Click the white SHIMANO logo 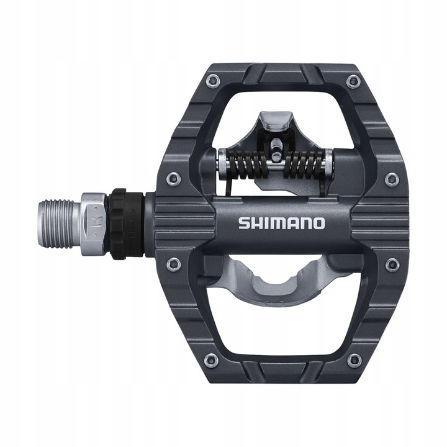point(281,223)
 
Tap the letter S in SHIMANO point(243,223)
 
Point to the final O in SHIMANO point(318,223)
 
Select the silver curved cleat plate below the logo point(273,279)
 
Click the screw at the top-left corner point(212,80)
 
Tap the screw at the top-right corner point(354,80)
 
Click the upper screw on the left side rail point(174,179)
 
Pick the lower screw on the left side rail point(174,264)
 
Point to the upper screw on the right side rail point(392,179)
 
